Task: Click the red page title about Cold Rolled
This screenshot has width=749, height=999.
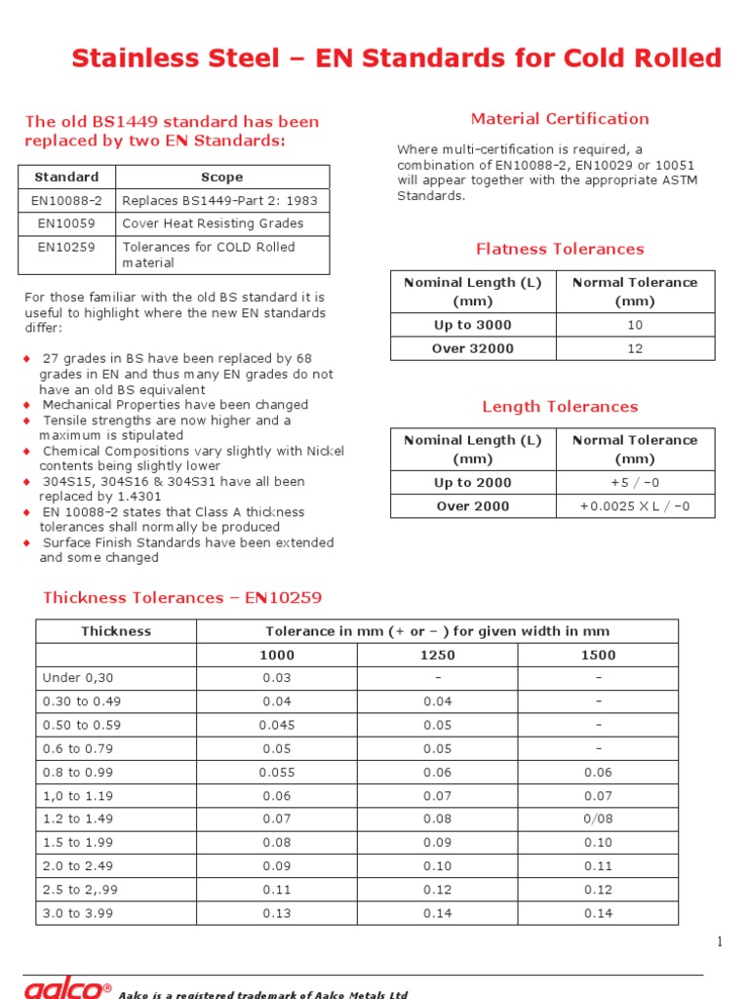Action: [x=396, y=59]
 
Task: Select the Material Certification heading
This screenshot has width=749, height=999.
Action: [x=559, y=119]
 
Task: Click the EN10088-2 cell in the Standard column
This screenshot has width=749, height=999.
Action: [x=66, y=200]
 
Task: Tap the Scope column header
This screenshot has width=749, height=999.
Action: [x=221, y=178]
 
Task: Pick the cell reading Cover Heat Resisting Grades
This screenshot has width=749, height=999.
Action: [x=213, y=223]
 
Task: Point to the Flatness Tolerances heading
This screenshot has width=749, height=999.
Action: [x=560, y=249]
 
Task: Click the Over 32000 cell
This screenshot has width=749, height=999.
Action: [x=472, y=348]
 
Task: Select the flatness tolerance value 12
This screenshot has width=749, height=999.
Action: [x=635, y=348]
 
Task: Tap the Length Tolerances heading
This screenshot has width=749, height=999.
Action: [x=560, y=407]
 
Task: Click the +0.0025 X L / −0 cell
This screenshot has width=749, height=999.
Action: [x=635, y=506]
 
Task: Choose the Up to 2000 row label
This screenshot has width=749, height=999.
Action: [x=472, y=483]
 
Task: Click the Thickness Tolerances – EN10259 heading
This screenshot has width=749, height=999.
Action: [x=182, y=597]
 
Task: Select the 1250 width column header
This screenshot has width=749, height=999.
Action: [x=437, y=656]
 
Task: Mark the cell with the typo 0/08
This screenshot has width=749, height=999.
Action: [x=598, y=819]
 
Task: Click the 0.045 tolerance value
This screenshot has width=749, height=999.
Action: [x=277, y=726]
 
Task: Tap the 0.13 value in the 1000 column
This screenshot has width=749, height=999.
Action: [x=277, y=913]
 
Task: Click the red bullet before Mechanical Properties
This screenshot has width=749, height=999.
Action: [x=27, y=405]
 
